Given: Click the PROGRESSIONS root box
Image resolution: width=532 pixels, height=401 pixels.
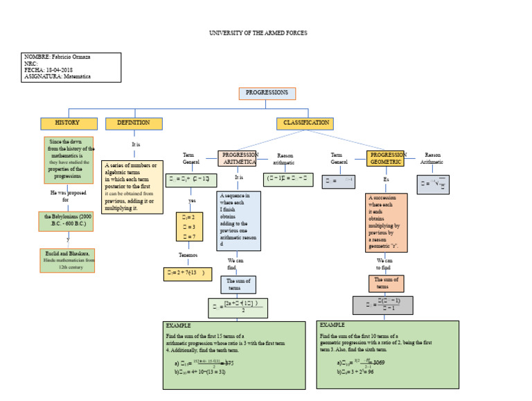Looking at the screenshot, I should coord(267,94).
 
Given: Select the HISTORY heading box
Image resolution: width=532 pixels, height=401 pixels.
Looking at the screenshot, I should coord(67,123).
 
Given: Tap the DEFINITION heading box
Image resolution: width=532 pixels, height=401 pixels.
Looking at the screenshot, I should coord(134,123).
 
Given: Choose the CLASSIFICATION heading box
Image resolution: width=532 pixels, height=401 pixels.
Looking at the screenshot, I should coord(305,123).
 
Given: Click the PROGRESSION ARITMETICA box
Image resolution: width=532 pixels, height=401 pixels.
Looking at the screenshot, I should coord(239,158).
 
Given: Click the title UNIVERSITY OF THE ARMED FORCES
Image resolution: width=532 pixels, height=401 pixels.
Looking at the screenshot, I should coord(258,33).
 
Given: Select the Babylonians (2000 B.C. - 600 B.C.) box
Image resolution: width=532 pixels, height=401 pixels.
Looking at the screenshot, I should coord(67,221).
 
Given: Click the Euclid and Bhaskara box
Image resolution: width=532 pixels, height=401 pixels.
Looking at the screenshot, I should coord(67,260).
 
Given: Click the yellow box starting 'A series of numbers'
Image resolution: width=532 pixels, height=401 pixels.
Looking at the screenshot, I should coord(132,187).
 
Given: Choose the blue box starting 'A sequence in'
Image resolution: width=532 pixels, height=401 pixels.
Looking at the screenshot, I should coord(239,221).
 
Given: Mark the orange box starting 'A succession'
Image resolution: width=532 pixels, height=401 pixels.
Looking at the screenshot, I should coord(386,222).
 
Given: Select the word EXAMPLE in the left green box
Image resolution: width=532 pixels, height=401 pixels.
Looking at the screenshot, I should coord(178,325).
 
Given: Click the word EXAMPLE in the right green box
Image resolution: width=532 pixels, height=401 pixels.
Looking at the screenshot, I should coord(332,325).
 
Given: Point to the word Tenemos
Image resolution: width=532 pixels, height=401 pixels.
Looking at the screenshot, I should coord(188,255).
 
